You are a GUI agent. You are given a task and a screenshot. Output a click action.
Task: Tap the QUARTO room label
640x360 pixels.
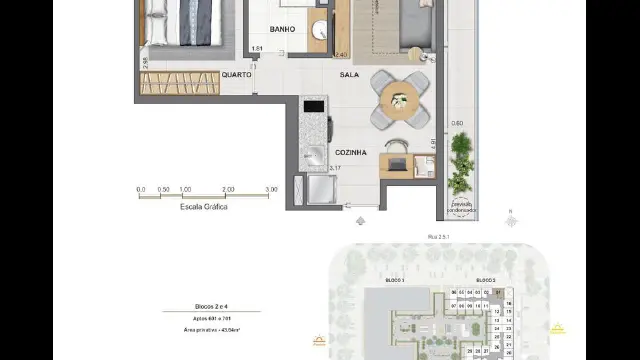(236, 75)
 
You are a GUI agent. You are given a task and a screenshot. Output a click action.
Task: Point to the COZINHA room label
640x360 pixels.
(350, 152)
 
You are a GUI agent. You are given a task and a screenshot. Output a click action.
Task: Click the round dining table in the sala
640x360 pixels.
(398, 98)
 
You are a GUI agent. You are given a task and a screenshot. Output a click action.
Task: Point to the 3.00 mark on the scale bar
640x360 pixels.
(271, 188)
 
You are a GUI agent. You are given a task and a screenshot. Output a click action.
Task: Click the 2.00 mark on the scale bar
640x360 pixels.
(228, 188)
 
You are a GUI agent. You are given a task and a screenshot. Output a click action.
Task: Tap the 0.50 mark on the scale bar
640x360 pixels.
(163, 188)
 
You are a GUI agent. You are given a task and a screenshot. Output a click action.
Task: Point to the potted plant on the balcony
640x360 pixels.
(460, 165)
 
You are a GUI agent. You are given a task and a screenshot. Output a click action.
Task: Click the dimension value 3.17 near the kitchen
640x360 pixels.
(336, 168)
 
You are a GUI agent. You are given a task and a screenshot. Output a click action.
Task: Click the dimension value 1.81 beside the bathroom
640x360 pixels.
(257, 49)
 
